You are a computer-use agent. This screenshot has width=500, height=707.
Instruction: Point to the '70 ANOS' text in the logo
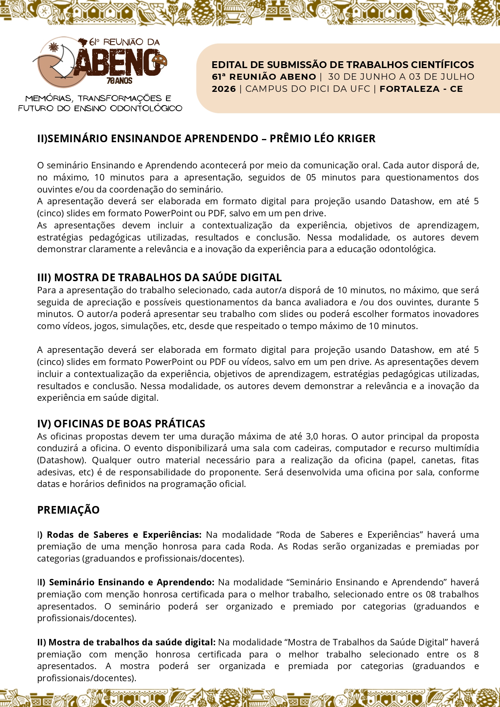click(x=119, y=81)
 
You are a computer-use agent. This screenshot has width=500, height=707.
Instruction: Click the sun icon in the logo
click(x=54, y=48)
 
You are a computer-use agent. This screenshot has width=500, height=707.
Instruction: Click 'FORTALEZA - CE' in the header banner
click(x=421, y=89)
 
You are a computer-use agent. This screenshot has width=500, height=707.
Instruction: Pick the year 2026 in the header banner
click(x=224, y=89)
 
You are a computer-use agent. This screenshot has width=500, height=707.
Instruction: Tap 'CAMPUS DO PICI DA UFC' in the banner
click(x=307, y=89)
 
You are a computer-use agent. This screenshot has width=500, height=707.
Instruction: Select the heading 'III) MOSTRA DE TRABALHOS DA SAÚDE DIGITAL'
click(x=159, y=278)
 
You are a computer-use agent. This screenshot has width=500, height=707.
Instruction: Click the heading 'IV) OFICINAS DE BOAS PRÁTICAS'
click(x=121, y=424)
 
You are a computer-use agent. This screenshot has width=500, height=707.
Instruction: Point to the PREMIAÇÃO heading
click(x=68, y=510)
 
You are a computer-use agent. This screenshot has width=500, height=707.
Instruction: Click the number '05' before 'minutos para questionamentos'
click(x=311, y=178)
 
